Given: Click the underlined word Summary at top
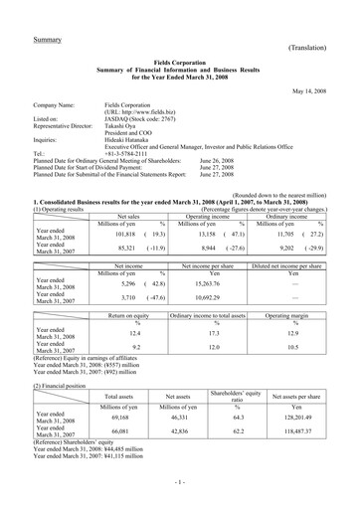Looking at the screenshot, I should [48, 39].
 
